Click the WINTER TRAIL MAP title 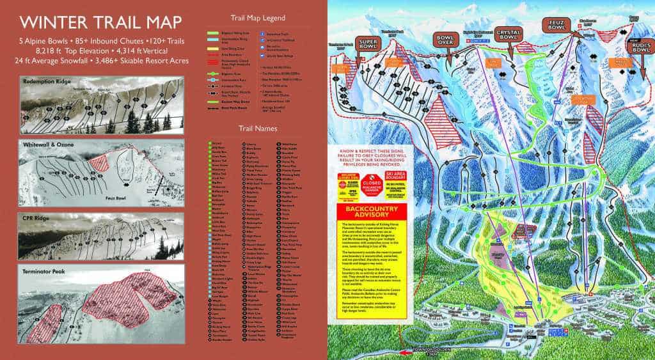point(100,22)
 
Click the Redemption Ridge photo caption point(48,81)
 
